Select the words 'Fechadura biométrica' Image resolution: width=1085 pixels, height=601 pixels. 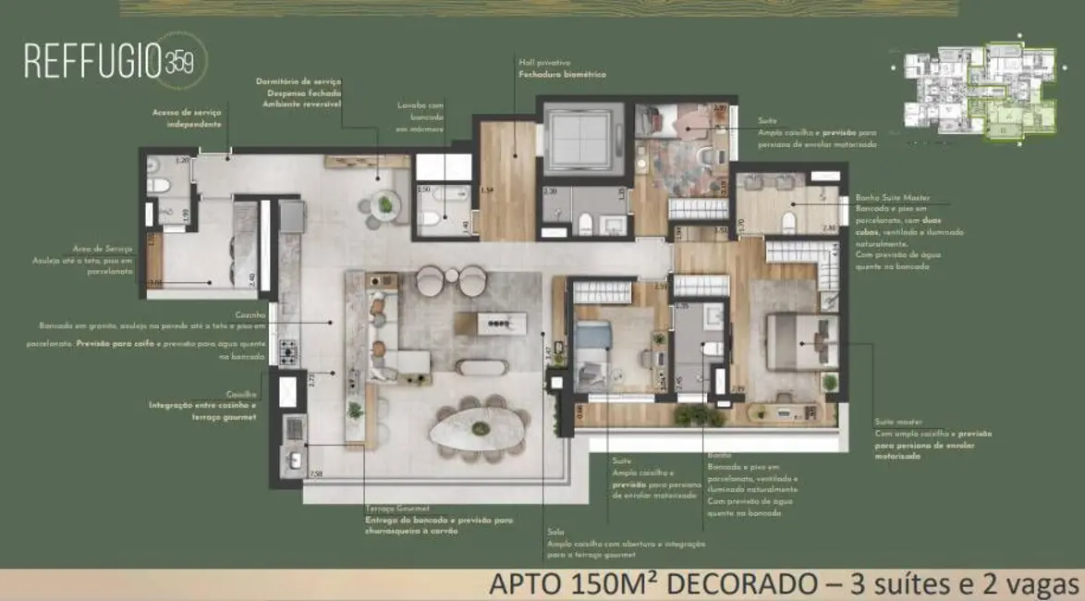pos(562,74)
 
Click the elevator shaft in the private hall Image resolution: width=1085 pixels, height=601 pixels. pos(577,140)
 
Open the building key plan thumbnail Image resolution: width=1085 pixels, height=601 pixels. pos(979,92)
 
